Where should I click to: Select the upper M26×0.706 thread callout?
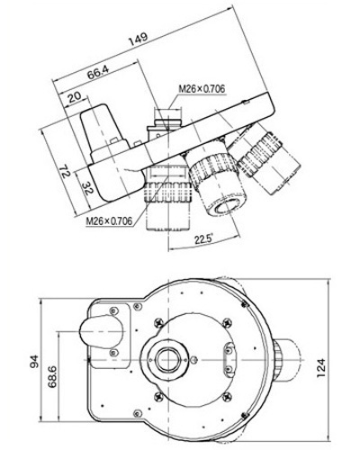pyautogui.click(x=200, y=88)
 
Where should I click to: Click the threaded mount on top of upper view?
pyautogui.click(x=167, y=120)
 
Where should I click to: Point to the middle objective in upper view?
pyautogui.click(x=215, y=182)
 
